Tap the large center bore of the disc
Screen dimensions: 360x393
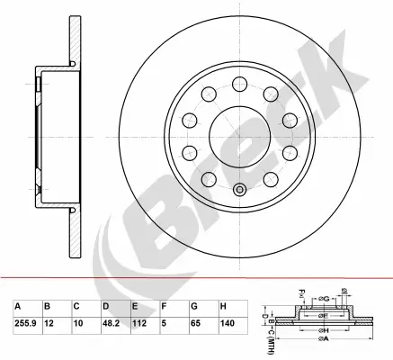(x=238, y=136)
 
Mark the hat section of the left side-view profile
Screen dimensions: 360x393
(x=52, y=135)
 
